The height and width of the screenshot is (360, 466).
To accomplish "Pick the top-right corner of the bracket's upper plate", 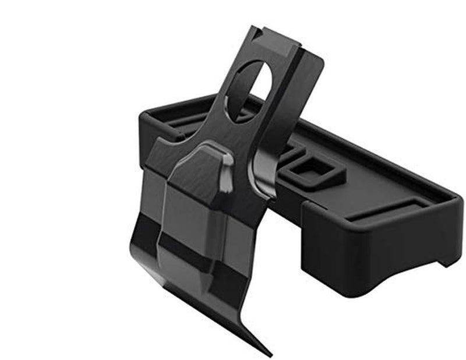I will click(x=321, y=58).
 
